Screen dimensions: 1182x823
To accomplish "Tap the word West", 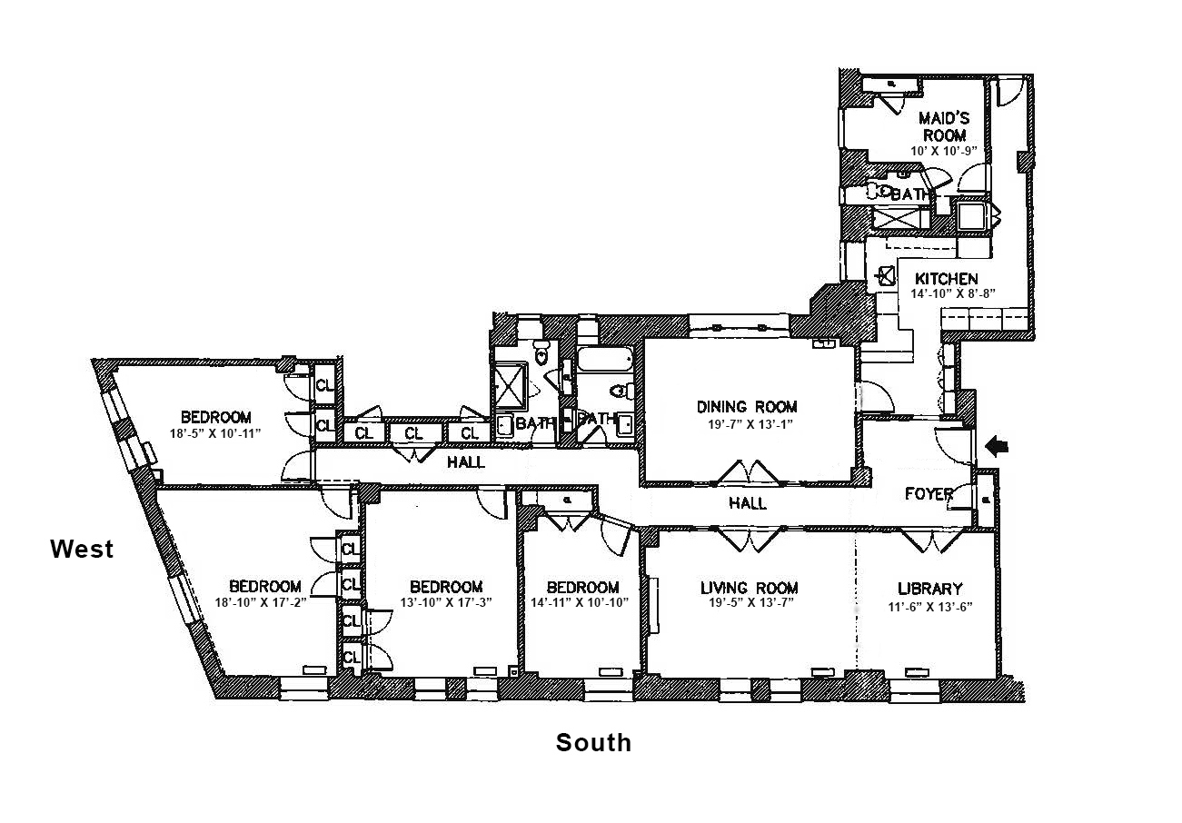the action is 82,549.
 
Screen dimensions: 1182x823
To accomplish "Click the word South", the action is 593,743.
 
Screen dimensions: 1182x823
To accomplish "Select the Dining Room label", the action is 747,406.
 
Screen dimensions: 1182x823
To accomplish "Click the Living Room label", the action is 750,588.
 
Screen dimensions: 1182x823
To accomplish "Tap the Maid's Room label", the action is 944,126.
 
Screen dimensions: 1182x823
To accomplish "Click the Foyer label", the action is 929,494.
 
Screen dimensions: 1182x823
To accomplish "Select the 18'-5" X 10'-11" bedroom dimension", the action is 215,433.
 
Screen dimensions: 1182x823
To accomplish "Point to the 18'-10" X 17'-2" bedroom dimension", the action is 264,602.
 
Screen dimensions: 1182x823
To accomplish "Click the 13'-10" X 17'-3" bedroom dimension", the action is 445,602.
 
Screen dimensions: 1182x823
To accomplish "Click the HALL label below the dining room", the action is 748,502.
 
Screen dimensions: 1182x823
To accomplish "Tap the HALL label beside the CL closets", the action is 465,462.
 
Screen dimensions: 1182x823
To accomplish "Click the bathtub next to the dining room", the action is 604,361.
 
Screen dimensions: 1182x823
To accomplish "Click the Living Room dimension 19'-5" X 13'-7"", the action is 750,604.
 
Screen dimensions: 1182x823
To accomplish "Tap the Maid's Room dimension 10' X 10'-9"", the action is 944,152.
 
